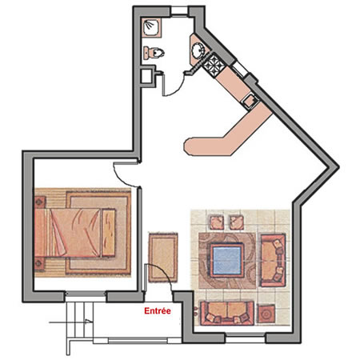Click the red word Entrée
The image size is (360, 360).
(x=158, y=311)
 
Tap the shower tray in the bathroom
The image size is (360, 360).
(x=151, y=28)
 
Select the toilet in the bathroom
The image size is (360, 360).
(x=154, y=52)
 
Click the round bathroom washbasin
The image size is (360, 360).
(x=198, y=50)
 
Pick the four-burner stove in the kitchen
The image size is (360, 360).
(x=214, y=64)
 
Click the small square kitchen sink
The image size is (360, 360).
(x=250, y=101)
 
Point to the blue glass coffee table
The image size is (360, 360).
(x=227, y=260)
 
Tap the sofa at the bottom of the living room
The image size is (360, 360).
(x=227, y=313)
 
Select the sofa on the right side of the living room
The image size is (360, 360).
(x=273, y=260)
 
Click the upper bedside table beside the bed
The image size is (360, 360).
(x=40, y=202)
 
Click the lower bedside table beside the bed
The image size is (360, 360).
(x=39, y=264)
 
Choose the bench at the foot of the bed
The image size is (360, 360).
(x=109, y=233)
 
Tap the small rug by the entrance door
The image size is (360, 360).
(x=163, y=258)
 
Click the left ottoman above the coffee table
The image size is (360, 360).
(x=217, y=222)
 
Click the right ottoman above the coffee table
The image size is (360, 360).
(x=237, y=222)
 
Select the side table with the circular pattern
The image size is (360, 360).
(x=266, y=314)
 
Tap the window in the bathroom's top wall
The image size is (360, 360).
(x=179, y=11)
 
